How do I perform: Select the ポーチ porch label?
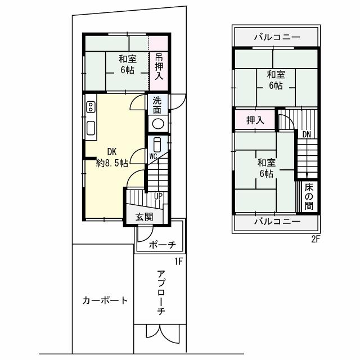click(163, 245)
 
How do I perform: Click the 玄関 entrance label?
click(144, 217)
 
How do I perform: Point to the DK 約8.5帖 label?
click(111, 157)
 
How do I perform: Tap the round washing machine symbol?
click(158, 124)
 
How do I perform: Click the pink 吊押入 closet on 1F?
click(159, 66)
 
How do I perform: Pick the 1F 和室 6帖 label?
click(127, 64)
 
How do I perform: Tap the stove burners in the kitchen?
click(90, 107)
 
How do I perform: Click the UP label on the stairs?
click(159, 196)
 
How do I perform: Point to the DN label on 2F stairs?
click(307, 134)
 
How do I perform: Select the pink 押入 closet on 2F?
click(255, 120)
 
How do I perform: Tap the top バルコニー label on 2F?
click(276, 38)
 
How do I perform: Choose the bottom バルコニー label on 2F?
click(276, 222)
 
